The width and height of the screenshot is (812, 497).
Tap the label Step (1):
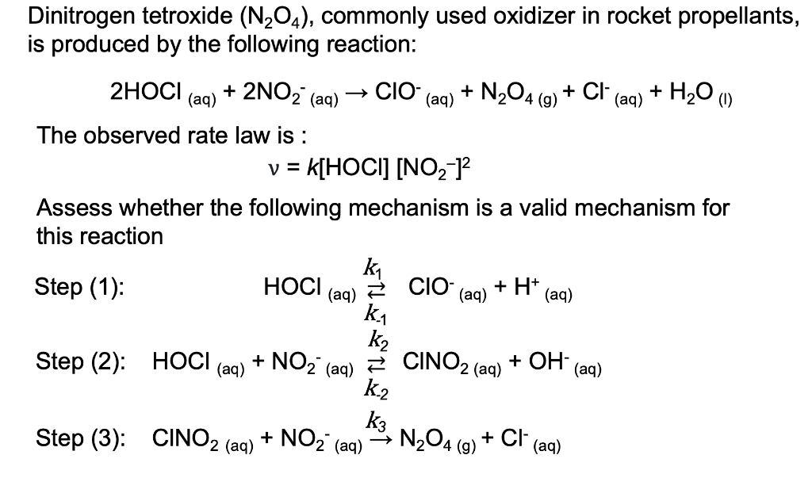point(79,287)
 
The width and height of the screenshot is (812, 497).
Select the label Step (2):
point(79,364)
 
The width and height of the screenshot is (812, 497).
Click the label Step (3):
point(79,438)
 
